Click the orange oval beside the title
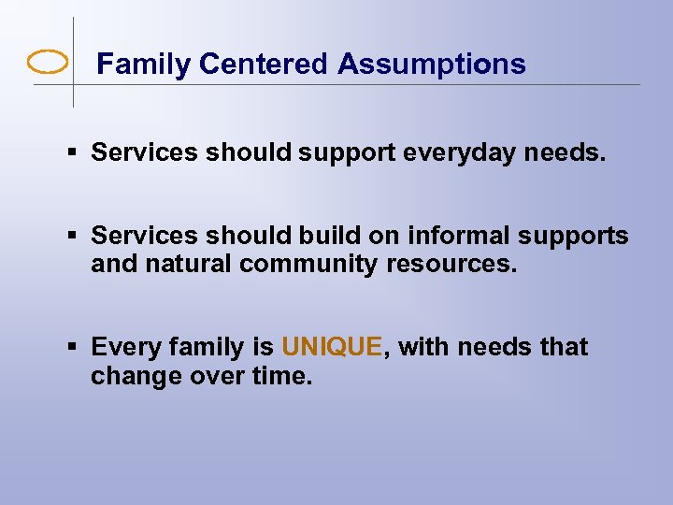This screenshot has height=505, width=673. click(x=48, y=64)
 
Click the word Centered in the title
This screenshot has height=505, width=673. click(x=264, y=65)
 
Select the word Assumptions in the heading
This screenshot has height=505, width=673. click(x=432, y=65)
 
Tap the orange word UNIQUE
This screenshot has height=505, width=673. click(x=332, y=347)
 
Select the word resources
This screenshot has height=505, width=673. click(x=455, y=265)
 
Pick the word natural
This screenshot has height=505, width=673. click(x=190, y=265)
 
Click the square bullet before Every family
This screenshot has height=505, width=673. click(x=73, y=347)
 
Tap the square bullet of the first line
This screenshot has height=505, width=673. click(x=73, y=152)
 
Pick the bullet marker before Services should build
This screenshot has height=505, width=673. click(x=73, y=237)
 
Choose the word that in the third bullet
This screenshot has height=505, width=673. click(x=564, y=347)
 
